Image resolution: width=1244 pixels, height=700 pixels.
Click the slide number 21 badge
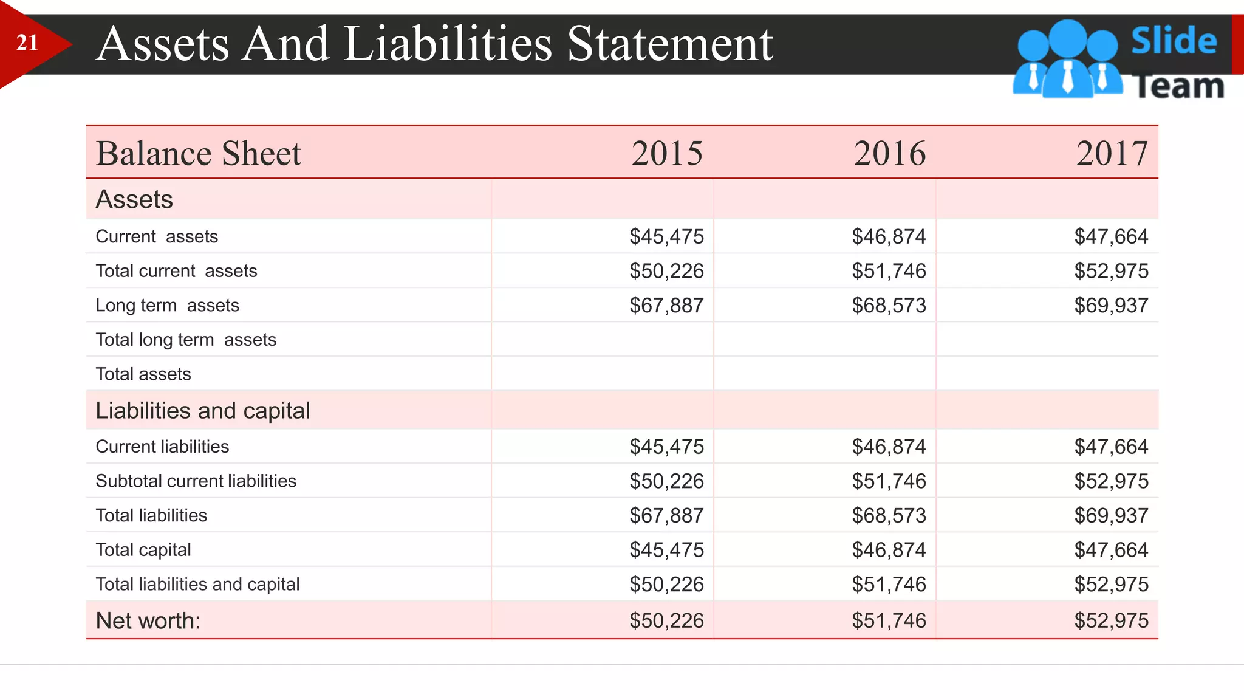[x=27, y=43]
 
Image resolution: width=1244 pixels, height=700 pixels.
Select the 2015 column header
[x=667, y=153]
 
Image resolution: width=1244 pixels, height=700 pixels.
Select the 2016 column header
[x=890, y=153]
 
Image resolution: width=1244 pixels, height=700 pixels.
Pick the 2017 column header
[x=1112, y=153]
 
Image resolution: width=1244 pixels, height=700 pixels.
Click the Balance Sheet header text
[x=199, y=153]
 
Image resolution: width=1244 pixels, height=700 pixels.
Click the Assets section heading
[x=134, y=199]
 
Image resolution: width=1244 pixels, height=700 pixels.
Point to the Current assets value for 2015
[x=666, y=236]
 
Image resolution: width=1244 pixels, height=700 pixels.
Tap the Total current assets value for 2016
[x=889, y=271]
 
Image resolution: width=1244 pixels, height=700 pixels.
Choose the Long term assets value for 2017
[x=1111, y=305]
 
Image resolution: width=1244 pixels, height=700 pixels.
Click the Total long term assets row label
[x=186, y=340]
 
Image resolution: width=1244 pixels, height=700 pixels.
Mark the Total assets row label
[x=143, y=374]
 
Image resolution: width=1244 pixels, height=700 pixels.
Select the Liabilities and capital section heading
[x=203, y=411]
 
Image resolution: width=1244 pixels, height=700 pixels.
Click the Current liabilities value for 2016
[x=889, y=447]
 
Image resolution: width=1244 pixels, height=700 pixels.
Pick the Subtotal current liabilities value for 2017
[x=1111, y=481]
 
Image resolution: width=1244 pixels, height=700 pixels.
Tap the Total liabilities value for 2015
[x=666, y=515]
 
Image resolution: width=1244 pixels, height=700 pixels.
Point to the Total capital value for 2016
[x=889, y=550]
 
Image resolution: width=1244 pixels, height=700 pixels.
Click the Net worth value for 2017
[x=1111, y=620]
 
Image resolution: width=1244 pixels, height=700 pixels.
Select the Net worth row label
[x=148, y=620]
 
